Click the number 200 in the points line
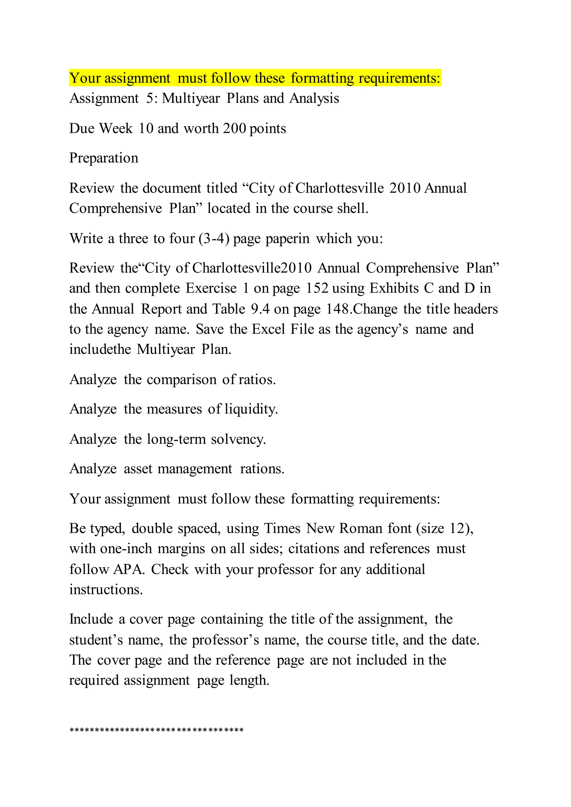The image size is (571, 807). (x=234, y=129)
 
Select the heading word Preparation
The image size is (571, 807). (x=104, y=158)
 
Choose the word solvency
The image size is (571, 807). (x=238, y=439)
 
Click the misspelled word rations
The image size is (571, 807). (x=262, y=469)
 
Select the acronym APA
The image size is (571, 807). (x=129, y=569)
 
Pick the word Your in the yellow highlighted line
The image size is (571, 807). (x=84, y=78)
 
